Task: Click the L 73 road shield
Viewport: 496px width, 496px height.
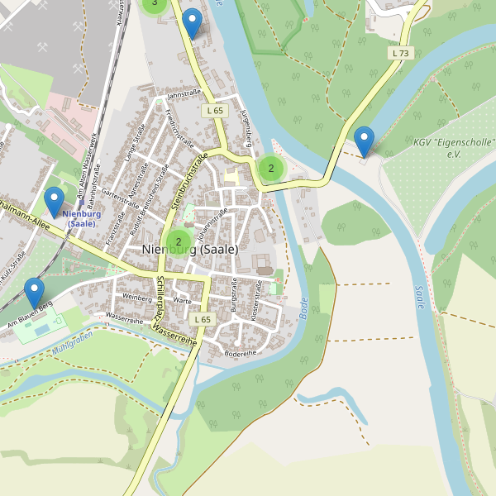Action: pos(400,53)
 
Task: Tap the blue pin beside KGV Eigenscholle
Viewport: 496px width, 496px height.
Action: pos(363,140)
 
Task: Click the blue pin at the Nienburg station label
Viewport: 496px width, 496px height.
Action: pos(55,202)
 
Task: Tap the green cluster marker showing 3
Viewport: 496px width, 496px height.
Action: pos(154,3)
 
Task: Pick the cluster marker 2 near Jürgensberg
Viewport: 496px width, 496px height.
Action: pos(270,169)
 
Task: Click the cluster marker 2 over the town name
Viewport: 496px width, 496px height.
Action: pos(179,242)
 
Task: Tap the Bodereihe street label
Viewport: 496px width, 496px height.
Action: pos(241,353)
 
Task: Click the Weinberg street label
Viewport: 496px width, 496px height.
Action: pos(137,296)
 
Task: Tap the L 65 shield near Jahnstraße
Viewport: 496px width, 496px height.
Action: pos(214,110)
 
